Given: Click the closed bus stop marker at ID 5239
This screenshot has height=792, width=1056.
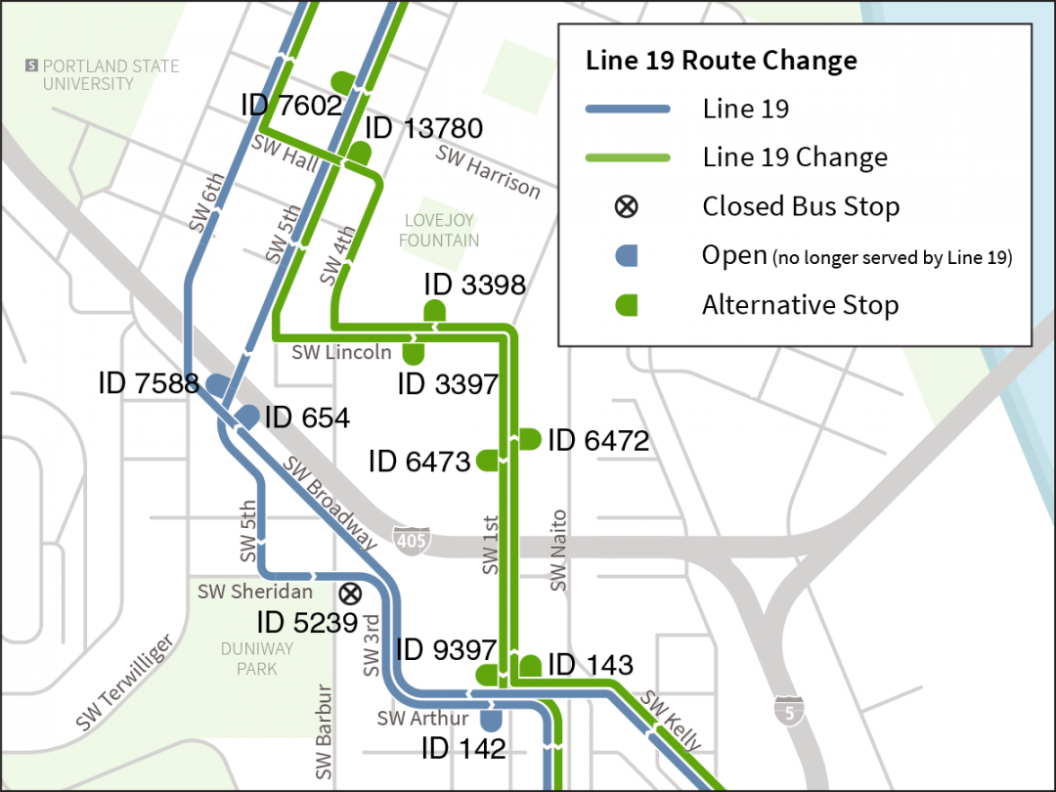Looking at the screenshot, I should tap(350, 594).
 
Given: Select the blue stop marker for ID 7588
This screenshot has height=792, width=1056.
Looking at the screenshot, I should tap(216, 384).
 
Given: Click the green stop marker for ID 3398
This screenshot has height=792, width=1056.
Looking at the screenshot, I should tap(434, 311).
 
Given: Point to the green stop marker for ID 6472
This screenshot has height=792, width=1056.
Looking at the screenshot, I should tap(529, 439).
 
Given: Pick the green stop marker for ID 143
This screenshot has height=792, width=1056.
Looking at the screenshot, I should tap(530, 666).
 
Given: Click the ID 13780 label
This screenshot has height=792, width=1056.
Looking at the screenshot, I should tap(423, 128).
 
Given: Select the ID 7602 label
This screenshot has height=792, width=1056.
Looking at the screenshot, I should tap(291, 105).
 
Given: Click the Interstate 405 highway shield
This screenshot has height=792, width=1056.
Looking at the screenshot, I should tap(412, 539).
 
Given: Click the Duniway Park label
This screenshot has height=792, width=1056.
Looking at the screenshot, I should tap(256, 659).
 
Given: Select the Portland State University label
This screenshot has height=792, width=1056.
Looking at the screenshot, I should tap(102, 75).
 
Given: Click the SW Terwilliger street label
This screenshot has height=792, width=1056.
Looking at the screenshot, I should tap(126, 682).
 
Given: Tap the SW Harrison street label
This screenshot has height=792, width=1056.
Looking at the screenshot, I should tap(488, 171).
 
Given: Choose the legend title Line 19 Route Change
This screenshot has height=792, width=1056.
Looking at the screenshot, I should tap(721, 61).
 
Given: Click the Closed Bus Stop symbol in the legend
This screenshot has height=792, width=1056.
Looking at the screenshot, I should tap(627, 207).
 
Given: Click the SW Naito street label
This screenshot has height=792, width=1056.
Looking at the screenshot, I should tap(558, 550).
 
